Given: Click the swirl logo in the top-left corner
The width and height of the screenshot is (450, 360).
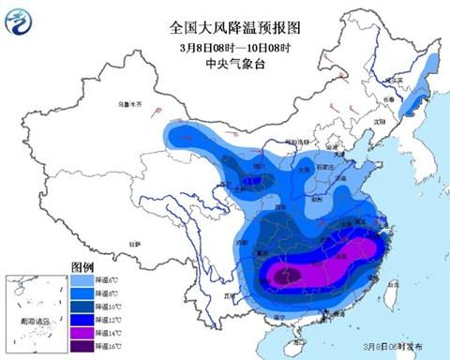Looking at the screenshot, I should [x=19, y=21].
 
